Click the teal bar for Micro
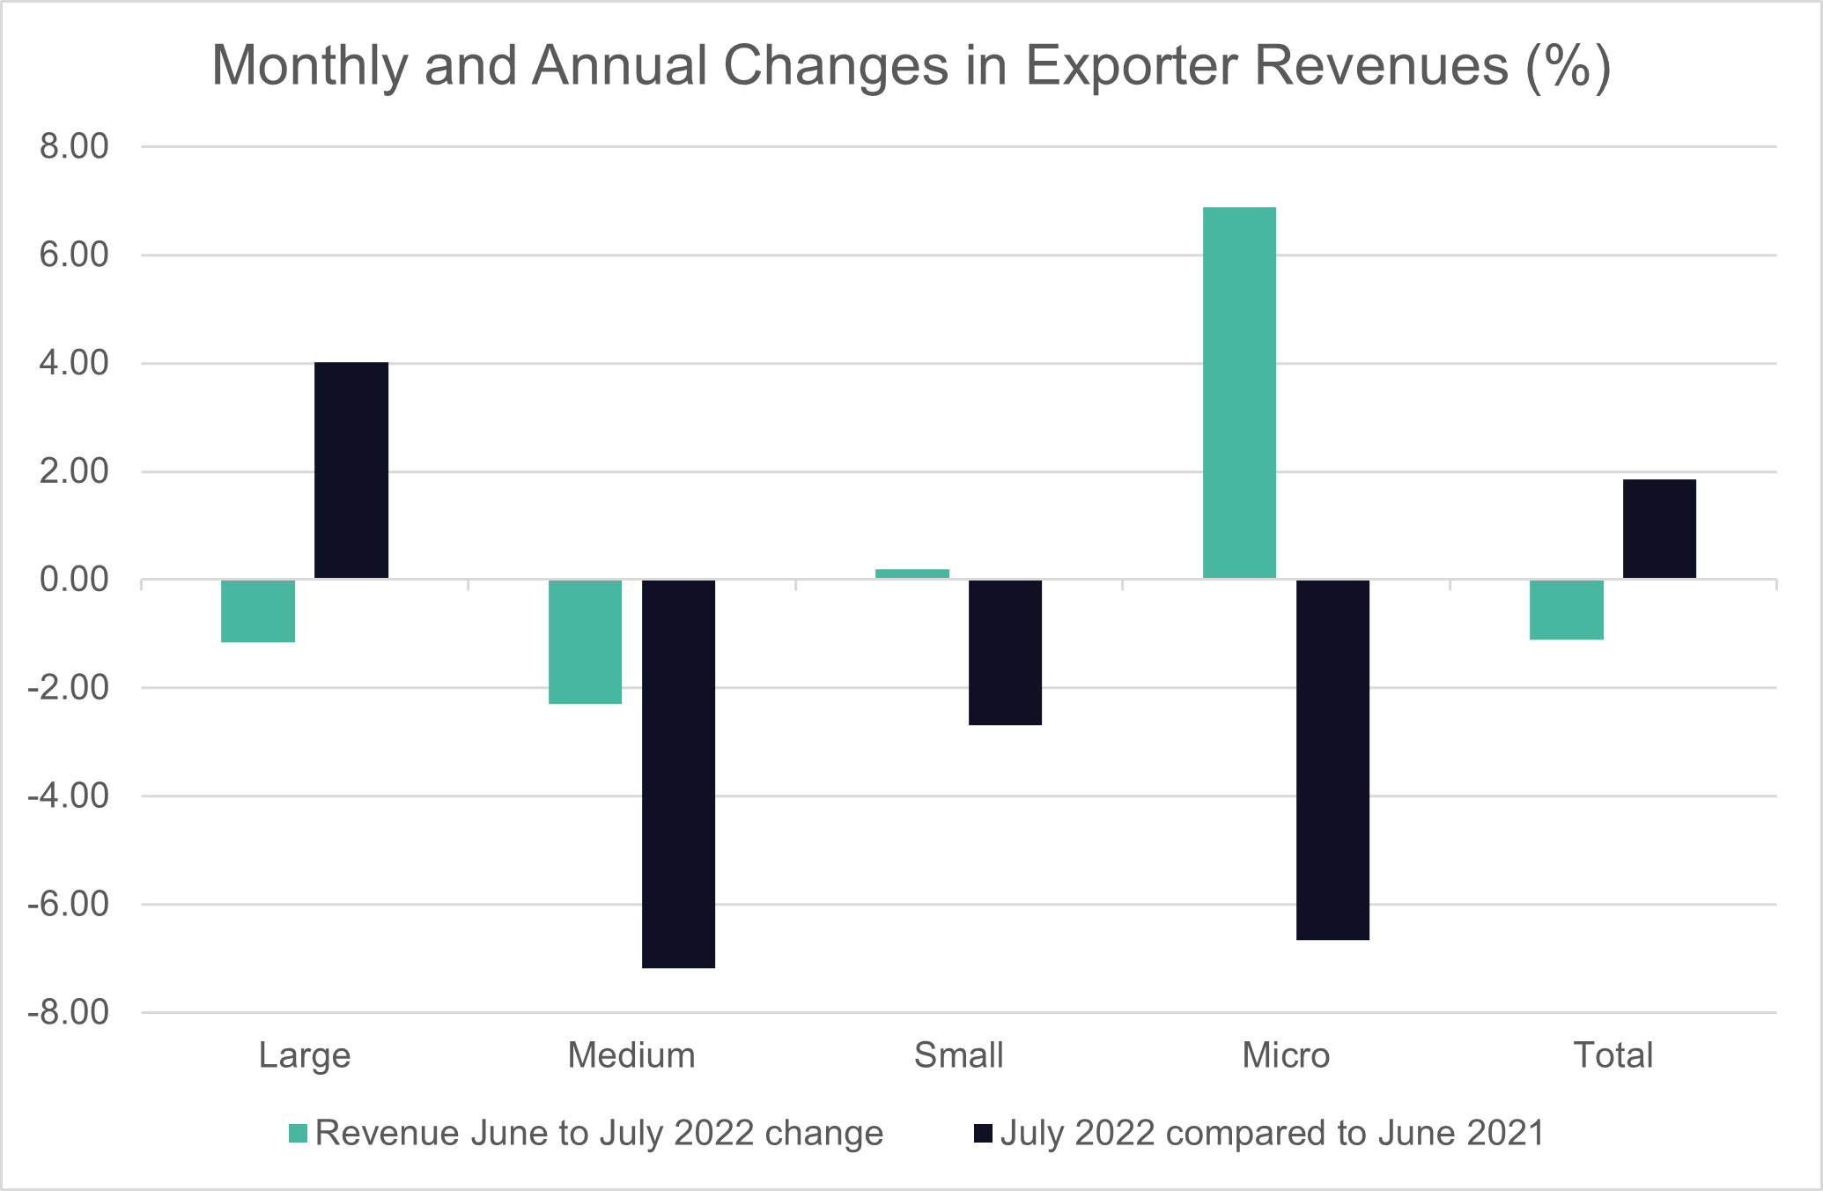point(1239,393)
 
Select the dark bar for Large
point(351,470)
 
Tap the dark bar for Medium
point(678,773)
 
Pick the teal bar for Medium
point(585,641)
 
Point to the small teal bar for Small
point(912,573)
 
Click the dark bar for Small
point(1005,652)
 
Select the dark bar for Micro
point(1332,759)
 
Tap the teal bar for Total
point(1567,610)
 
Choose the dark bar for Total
point(1659,529)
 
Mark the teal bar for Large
point(258,610)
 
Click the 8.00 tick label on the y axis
point(74,146)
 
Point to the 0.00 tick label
point(74,580)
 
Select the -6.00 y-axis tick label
point(69,905)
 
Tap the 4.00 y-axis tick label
point(74,363)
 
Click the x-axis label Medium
point(631,1055)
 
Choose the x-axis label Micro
point(1286,1055)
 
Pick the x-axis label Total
point(1613,1055)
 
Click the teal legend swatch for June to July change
point(299,1134)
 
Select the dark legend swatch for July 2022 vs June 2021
point(983,1134)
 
